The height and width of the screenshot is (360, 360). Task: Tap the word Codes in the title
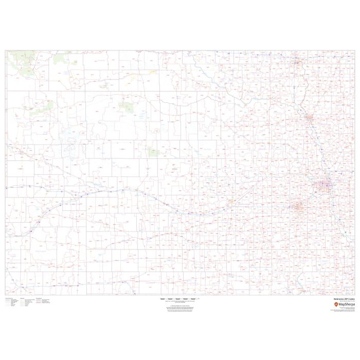click(x=350, y=298)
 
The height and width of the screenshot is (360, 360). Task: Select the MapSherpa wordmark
click(x=345, y=304)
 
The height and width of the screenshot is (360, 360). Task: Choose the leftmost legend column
click(x=11, y=302)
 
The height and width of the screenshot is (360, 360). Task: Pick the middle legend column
click(x=27, y=302)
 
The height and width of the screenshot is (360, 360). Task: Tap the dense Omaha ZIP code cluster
click(x=325, y=185)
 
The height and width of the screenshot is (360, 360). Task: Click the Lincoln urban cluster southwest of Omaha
click(x=298, y=207)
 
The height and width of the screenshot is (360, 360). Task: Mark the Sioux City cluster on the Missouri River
click(x=309, y=119)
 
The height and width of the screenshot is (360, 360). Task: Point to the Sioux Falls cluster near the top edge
click(x=297, y=63)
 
